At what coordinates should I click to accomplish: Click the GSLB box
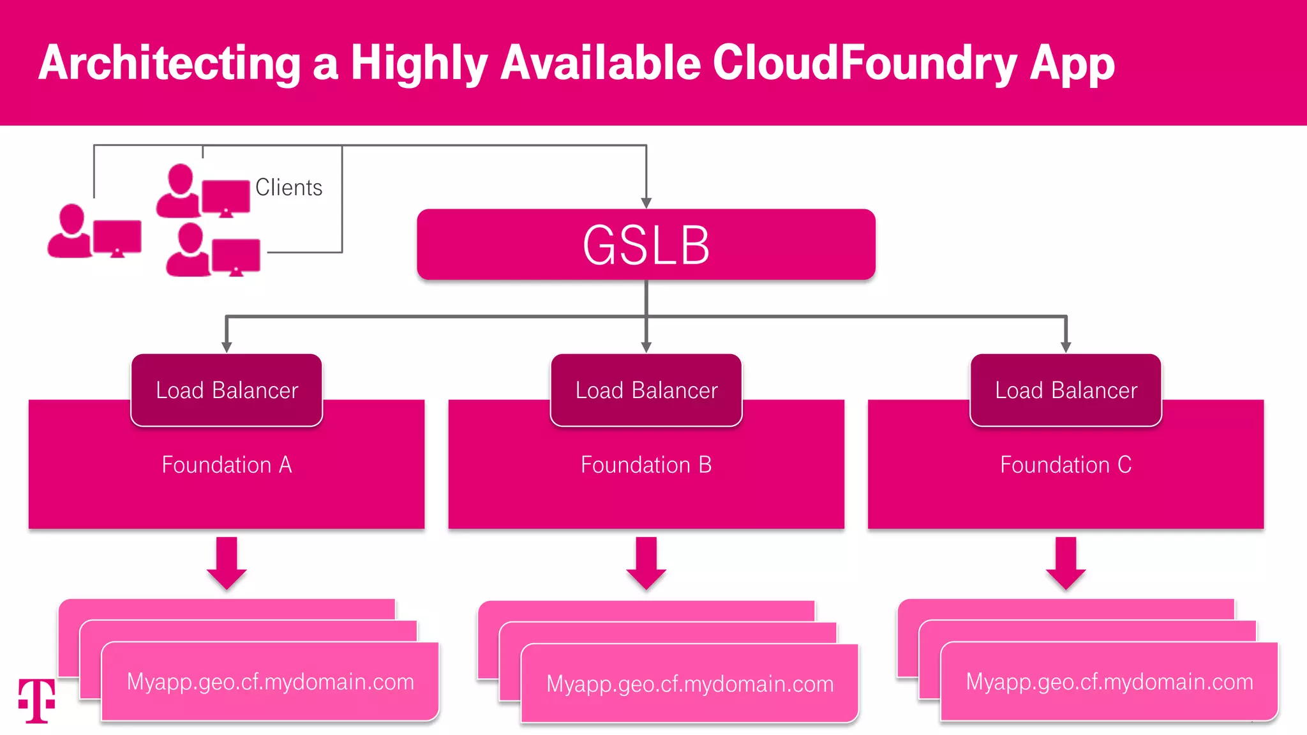coord(646,245)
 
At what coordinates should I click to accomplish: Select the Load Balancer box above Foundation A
coord(227,390)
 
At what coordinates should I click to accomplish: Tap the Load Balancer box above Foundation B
coord(646,390)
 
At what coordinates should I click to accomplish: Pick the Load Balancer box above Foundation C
coord(1066,390)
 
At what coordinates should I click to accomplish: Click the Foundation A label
coord(227,464)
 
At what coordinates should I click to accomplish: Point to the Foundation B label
coord(646,464)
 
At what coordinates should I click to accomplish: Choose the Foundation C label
coord(1066,464)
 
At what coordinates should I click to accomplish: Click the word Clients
coord(288,188)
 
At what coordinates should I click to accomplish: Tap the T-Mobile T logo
coord(36,701)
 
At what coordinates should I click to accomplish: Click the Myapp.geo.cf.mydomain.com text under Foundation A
coord(271,681)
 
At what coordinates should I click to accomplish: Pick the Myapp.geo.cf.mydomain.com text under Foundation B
coord(690,684)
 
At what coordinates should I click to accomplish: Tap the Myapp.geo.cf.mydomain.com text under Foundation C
coord(1109,681)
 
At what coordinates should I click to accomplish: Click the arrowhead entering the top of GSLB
coord(646,203)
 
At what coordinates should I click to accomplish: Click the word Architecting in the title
coord(169,64)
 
